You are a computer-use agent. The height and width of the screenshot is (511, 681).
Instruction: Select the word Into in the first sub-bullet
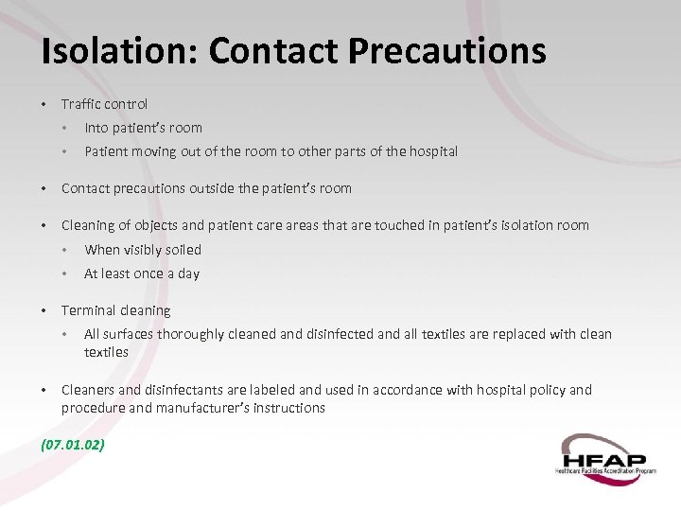tap(96, 128)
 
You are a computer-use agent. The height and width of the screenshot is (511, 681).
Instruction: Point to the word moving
tap(157, 151)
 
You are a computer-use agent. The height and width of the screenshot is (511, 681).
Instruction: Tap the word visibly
tap(145, 250)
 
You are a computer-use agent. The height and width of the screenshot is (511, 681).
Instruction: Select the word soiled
tap(183, 250)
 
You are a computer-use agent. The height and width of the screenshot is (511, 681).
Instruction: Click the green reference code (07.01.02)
tap(72, 442)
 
